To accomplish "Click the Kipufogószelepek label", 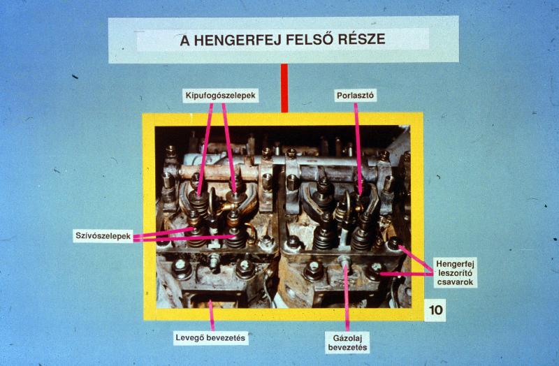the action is tap(221, 96).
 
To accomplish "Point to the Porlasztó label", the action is tap(356, 96).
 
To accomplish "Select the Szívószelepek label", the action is tap(103, 236).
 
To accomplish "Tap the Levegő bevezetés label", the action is tap(211, 338).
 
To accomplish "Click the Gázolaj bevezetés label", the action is tap(347, 342).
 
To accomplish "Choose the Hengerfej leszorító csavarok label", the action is tap(456, 273).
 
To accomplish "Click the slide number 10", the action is tap(435, 310).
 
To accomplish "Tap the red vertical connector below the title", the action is tap(284, 88).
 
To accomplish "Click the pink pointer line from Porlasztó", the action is tap(358, 148).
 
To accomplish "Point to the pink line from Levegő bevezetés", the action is tap(212, 316).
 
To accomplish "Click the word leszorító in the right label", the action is tap(456, 273).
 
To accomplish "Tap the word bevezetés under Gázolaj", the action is tap(347, 347).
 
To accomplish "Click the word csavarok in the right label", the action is tap(456, 282).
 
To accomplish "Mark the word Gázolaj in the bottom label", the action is tap(347, 338).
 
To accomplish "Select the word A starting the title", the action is tap(184, 41).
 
